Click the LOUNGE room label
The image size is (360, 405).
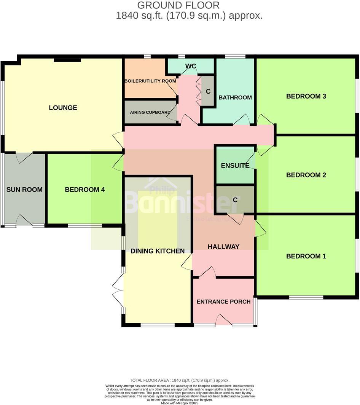63,108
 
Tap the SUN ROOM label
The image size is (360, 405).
24,190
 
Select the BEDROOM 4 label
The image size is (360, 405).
84,190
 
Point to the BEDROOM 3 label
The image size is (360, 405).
306,96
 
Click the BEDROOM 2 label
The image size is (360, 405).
306,175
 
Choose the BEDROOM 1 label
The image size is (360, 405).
306,256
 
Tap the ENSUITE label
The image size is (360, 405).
235,166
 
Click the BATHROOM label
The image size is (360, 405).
235,97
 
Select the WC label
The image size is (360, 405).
191,66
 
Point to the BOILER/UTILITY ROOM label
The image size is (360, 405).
150,81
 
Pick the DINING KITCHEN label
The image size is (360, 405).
158,251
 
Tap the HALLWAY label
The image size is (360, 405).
223,247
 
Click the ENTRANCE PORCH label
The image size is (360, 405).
223,302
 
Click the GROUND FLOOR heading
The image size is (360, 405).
178,5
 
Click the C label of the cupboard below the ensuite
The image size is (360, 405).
235,199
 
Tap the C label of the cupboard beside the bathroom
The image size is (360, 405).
208,91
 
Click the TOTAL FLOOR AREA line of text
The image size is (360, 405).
180,380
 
